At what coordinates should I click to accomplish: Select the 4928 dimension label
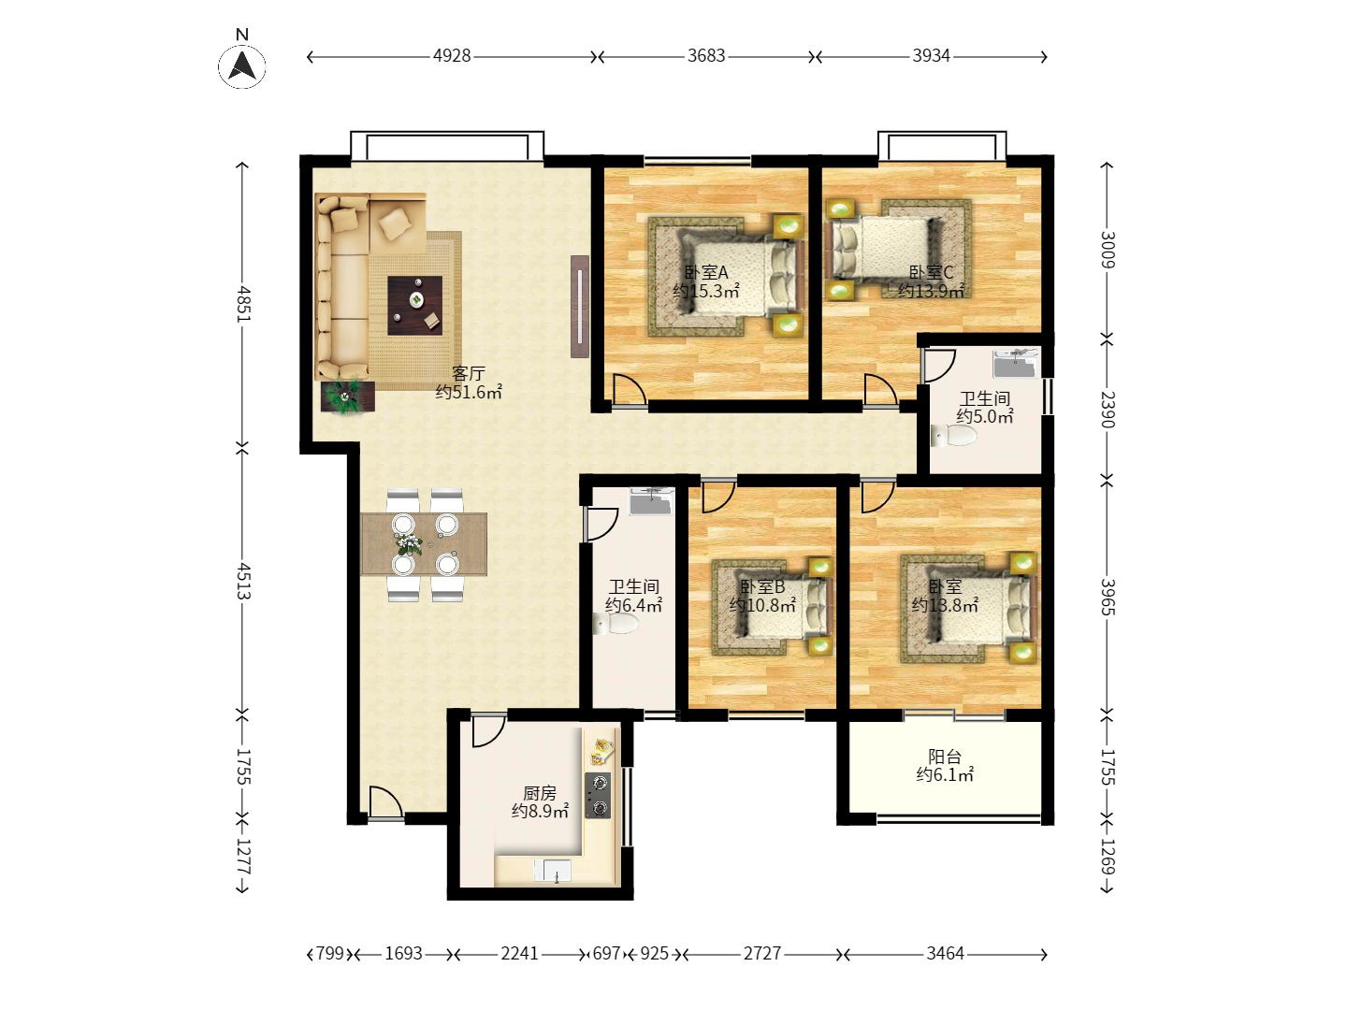(452, 56)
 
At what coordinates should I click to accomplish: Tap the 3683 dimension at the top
(705, 56)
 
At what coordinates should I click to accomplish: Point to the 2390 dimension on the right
(1107, 409)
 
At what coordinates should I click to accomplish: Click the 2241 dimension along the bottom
(519, 954)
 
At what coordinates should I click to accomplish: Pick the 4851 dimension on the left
(243, 304)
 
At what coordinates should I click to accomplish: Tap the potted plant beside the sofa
(347, 397)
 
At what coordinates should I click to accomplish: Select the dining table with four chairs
(424, 544)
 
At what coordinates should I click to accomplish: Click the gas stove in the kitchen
(598, 795)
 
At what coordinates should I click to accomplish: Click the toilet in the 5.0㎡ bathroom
(953, 436)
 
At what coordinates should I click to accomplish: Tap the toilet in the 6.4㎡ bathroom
(616, 625)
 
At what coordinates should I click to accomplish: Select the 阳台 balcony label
(945, 757)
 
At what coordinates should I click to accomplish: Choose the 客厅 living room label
(469, 373)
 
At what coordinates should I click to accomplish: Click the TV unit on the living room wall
(579, 307)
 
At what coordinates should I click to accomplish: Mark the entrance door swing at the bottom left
(385, 801)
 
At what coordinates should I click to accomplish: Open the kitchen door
(488, 731)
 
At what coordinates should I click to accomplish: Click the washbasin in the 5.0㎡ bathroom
(1016, 364)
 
